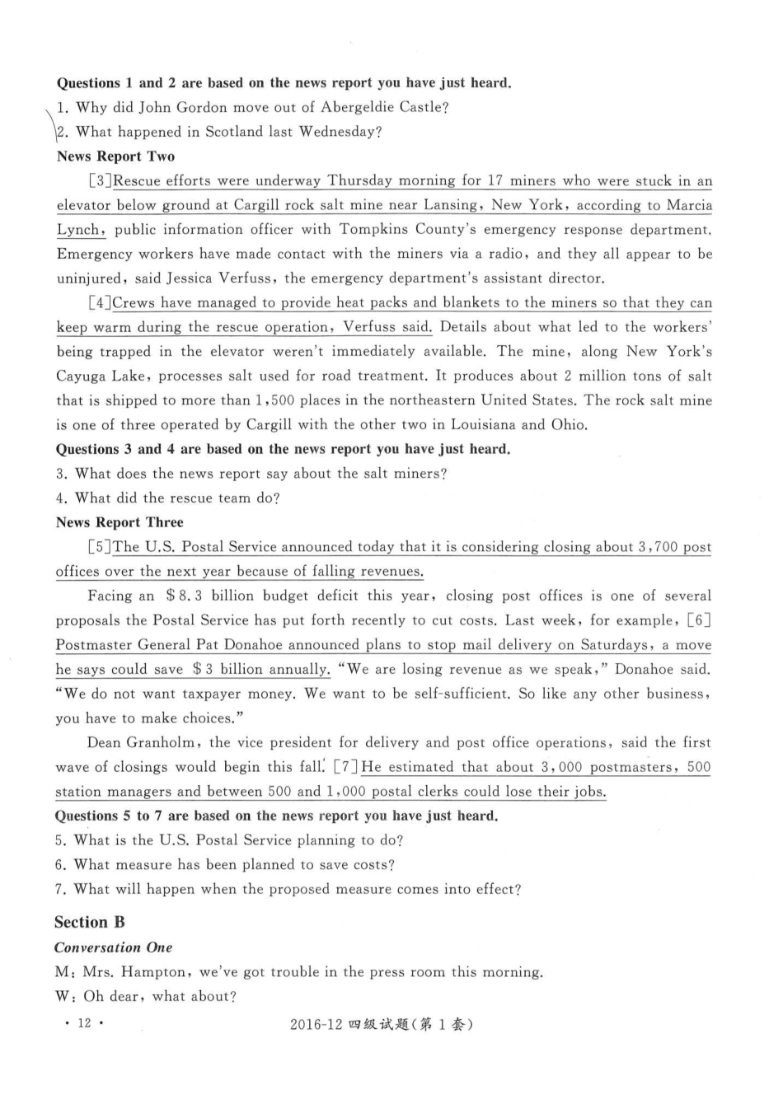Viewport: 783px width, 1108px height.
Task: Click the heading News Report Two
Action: [115, 157]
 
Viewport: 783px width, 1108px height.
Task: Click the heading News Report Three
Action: [120, 522]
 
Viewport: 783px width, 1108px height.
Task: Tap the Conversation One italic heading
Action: [114, 947]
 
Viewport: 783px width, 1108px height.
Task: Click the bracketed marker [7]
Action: [346, 767]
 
